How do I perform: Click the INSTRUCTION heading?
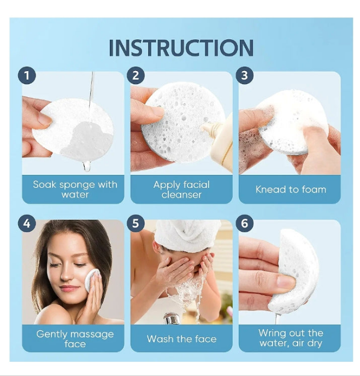coord(181,48)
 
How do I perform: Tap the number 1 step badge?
coord(27,75)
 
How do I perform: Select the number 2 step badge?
coord(135,75)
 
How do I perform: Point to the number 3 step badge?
coord(245,75)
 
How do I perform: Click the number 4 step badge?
coord(27,223)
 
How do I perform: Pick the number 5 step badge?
coord(135,223)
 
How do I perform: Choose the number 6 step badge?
coord(245,223)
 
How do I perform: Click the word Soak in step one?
coord(45,184)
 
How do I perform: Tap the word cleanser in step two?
coord(181,195)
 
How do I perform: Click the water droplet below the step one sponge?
coord(86,166)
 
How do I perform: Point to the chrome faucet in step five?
coord(170,318)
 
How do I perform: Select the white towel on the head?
coord(188,234)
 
